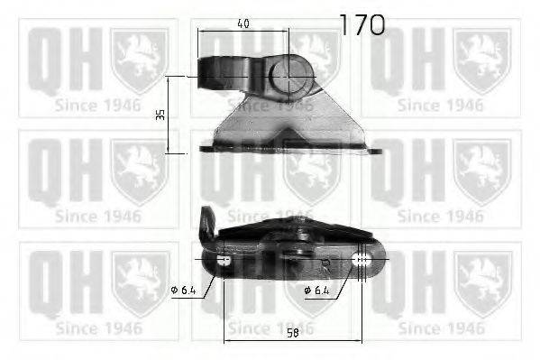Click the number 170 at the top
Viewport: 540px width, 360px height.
[x=362, y=24]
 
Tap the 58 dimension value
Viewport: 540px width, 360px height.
[x=293, y=330]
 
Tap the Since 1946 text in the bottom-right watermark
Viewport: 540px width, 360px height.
[x=441, y=328]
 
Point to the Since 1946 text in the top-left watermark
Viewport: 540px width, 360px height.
[x=98, y=106]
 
